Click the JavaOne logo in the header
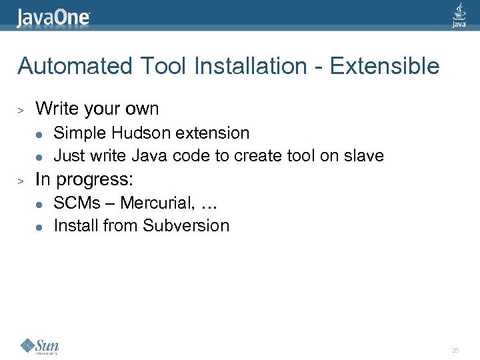point(54,17)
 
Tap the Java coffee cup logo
point(459,15)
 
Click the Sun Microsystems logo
point(40,346)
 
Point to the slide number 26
point(455,349)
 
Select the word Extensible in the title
point(385,66)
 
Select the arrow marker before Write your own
point(21,109)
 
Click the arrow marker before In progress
point(21,179)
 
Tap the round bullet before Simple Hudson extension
point(39,134)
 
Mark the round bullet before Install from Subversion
point(39,227)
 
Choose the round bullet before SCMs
point(39,203)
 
